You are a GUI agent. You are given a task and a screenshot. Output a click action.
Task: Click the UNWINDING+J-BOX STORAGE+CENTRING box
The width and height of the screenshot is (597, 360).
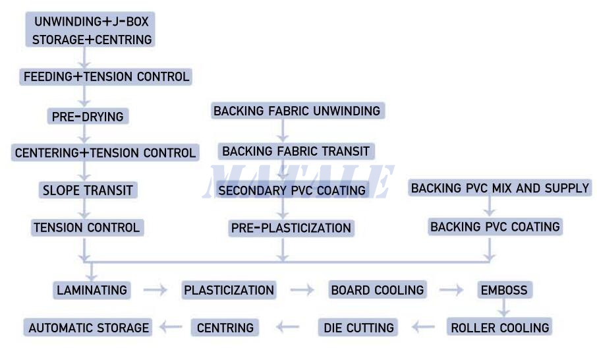tap(92, 30)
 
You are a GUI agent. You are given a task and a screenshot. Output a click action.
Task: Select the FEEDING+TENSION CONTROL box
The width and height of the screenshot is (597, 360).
tap(106, 76)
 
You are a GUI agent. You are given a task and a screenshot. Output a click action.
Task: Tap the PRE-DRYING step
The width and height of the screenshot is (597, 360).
tap(88, 117)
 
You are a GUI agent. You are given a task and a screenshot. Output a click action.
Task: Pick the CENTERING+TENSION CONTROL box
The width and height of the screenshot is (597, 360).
tap(105, 153)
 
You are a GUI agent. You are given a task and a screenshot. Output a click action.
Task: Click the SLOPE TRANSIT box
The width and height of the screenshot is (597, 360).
tap(88, 191)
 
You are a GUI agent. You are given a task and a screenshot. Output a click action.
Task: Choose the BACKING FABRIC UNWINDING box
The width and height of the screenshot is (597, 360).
tap(297, 111)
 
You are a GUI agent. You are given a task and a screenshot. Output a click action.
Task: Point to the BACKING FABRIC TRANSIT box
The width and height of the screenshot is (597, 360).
tap(296, 151)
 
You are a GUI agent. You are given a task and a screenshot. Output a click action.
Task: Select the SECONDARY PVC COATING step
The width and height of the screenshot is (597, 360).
tap(292, 191)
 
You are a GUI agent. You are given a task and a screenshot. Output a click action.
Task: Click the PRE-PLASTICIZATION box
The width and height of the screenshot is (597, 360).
tap(291, 228)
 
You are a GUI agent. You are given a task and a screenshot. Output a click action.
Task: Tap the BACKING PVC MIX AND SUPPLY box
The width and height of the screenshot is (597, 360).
tap(499, 188)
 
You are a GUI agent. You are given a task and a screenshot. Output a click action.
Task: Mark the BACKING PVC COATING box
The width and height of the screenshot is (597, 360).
tap(495, 227)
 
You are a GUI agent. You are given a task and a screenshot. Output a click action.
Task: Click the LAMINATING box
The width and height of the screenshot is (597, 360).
tap(92, 289)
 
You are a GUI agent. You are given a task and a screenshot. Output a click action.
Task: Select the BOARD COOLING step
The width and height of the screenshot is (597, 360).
tap(378, 289)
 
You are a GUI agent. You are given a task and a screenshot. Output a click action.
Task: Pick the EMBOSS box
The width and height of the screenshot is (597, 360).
tap(504, 289)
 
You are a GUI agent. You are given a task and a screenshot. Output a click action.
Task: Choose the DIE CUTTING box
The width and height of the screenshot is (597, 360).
tap(358, 327)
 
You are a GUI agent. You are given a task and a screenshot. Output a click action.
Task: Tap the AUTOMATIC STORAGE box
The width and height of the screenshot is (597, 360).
tap(89, 327)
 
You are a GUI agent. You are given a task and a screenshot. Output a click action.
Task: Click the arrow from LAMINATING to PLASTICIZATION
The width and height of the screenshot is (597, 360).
tap(155, 289)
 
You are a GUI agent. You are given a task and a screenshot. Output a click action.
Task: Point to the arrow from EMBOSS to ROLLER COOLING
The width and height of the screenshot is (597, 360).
tap(504, 307)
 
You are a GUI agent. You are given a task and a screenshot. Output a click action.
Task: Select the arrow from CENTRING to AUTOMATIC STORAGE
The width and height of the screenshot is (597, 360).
tap(171, 327)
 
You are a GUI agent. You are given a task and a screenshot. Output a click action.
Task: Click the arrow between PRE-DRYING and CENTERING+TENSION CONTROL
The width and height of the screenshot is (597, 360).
tap(84, 135)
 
